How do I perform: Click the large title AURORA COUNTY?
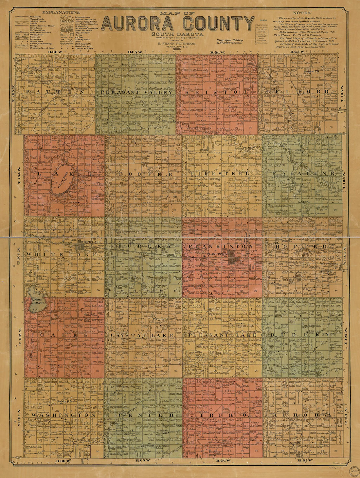click(178, 24)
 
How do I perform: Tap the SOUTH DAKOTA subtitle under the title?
click(177, 34)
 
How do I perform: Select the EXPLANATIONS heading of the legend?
click(59, 12)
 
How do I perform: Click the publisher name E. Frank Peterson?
click(177, 43)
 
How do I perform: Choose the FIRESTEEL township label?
click(220, 174)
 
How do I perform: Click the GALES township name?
click(64, 335)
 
